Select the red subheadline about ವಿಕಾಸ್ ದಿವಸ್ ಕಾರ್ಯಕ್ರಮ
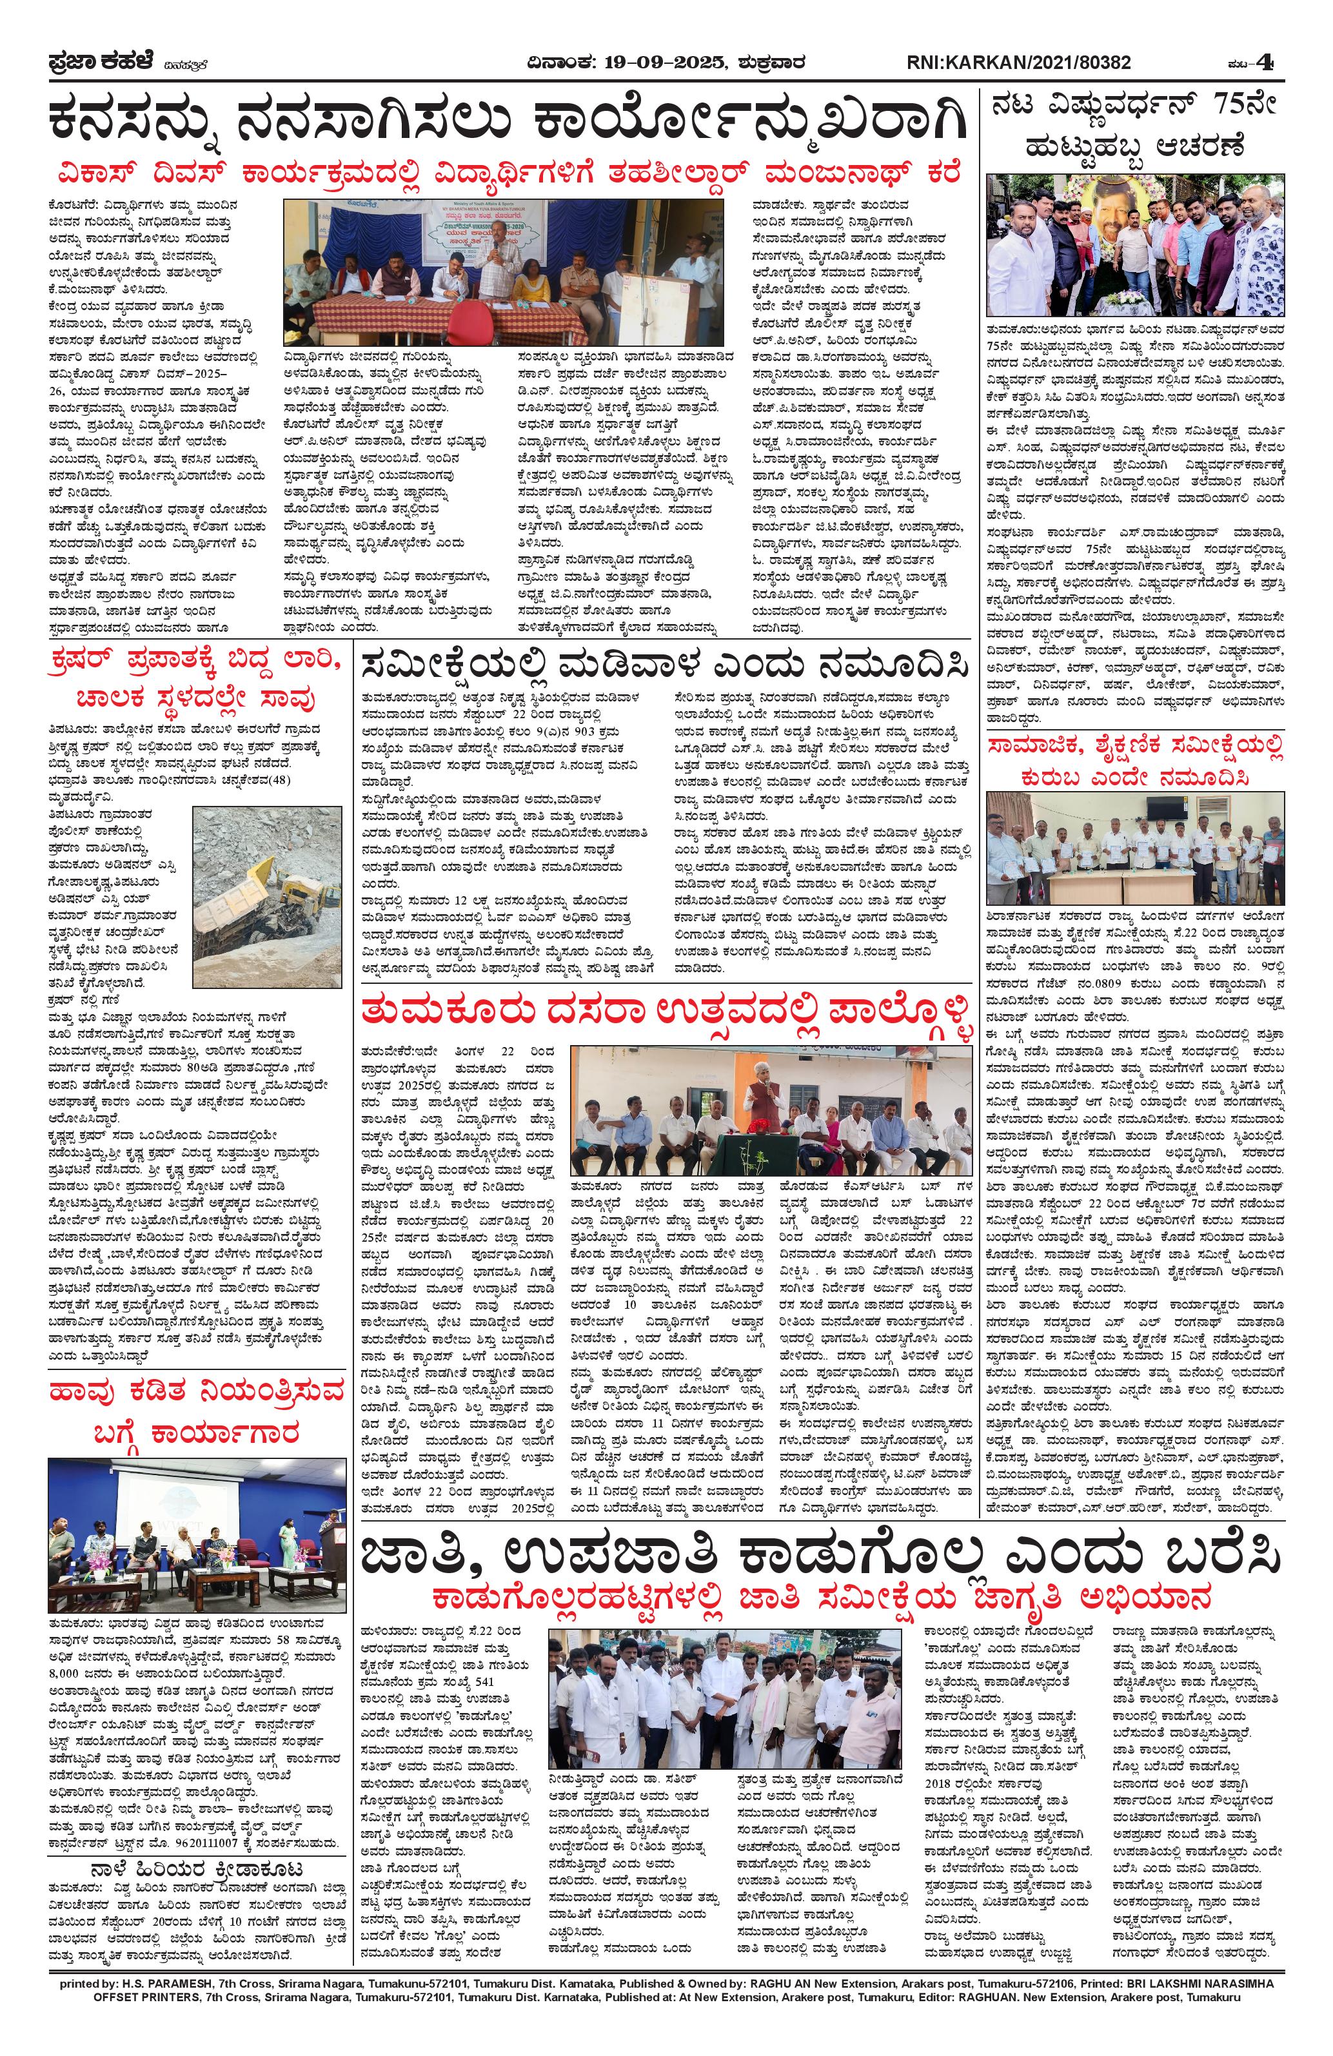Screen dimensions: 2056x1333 click(507, 171)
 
